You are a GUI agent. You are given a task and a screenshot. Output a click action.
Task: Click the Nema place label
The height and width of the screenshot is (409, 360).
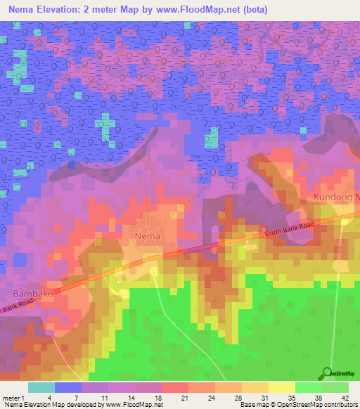point(148,236)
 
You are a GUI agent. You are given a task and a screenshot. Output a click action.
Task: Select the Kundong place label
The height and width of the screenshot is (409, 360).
point(336,197)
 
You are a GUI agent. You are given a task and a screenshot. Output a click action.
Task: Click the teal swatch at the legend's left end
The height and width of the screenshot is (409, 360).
point(41,387)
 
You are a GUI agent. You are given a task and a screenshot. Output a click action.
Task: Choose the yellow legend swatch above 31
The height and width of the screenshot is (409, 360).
point(255,387)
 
